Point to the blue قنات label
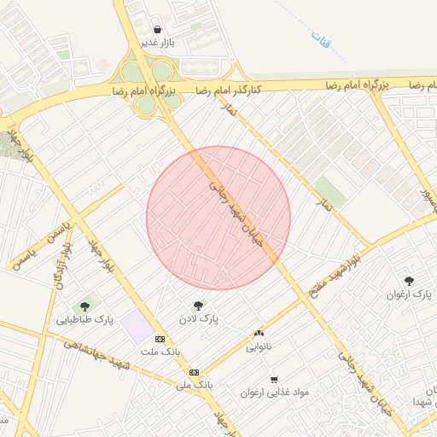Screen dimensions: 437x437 pos(321,38)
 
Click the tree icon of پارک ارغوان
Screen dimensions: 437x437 pos(410,280)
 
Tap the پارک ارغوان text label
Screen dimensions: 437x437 pos(410,294)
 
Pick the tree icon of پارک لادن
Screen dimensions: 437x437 pos(199,305)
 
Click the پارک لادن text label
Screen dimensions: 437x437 pos(199,318)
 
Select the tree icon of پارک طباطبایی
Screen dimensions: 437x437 pos(85,306)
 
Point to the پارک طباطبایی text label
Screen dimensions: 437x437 pos(85,320)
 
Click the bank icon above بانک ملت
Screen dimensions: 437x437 pos(160,339)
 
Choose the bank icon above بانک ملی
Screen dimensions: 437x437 pos(195,372)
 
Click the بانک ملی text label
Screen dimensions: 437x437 pos(194,386)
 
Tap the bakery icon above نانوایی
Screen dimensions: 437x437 pos(259,333)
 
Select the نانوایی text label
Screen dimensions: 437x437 pos(259,347)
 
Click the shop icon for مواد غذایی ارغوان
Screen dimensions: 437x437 pos(274,379)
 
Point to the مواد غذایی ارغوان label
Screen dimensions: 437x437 pos(275,393)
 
